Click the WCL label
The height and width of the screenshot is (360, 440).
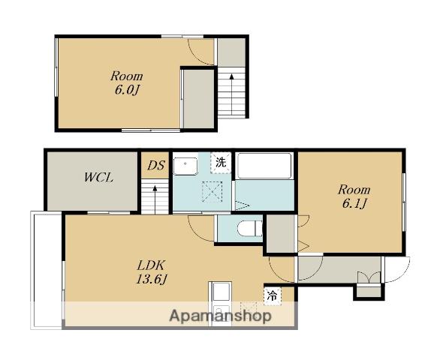tap(99, 178)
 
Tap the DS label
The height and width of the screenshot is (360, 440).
tap(155, 166)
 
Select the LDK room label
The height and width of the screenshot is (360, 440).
tap(152, 265)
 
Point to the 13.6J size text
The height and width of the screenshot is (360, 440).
tap(152, 279)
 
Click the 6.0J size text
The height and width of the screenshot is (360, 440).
tap(127, 90)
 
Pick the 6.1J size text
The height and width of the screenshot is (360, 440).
tap(354, 204)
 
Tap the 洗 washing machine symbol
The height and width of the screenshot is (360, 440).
tap(221, 163)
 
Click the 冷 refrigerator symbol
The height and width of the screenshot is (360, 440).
tap(273, 295)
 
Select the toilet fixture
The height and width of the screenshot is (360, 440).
tap(249, 228)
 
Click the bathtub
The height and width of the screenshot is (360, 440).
tap(264, 166)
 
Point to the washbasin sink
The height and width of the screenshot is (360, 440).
tap(185, 166)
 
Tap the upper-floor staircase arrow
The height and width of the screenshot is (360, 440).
tap(232, 94)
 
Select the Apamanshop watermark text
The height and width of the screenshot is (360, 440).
tap(220, 316)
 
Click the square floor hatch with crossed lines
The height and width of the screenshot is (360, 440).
tap(212, 192)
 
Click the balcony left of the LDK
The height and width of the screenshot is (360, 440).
tap(47, 270)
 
